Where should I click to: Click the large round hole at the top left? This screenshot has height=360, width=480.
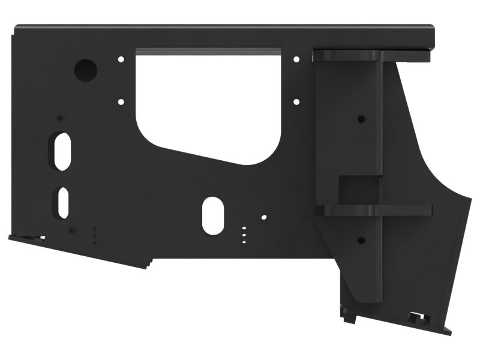86,70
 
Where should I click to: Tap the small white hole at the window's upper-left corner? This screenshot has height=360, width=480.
121,59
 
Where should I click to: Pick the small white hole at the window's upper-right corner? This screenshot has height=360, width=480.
296,59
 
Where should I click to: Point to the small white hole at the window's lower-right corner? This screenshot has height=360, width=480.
296,102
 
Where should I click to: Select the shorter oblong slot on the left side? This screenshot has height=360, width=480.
63,202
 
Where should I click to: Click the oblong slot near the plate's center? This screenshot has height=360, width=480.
212,215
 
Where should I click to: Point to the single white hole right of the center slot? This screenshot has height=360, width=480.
263,217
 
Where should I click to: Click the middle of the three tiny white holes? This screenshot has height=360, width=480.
244,236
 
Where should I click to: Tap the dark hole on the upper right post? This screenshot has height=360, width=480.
360,119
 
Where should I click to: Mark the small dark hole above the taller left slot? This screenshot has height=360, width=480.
59,118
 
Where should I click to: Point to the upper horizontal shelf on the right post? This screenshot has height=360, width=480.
348,55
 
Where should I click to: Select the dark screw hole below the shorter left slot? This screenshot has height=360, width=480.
71,231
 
